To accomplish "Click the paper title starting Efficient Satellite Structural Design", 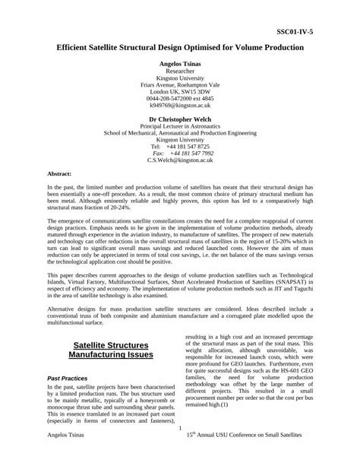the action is [180, 47].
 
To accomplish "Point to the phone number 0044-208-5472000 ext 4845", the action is [180, 98].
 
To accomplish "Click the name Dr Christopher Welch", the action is [180, 119].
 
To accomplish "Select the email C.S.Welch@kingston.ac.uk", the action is [180, 161].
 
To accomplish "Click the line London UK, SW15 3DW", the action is [180, 91].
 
